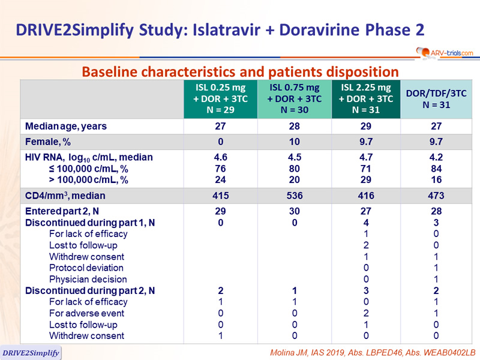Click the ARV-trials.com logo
click(x=445, y=53)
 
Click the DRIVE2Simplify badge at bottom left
click(x=31, y=353)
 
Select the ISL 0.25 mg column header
click(x=220, y=99)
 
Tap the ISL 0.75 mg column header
click(x=295, y=99)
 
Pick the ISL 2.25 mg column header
click(x=366, y=99)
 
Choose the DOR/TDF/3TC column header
click(x=436, y=99)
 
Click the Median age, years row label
click(x=66, y=126)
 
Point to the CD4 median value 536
click(x=295, y=196)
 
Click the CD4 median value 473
click(x=436, y=196)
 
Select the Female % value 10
click(x=295, y=142)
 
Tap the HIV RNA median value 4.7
click(x=366, y=157)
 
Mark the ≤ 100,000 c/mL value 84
click(x=436, y=169)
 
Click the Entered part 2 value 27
click(x=366, y=211)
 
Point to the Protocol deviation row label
click(x=86, y=268)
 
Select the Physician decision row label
click(x=88, y=279)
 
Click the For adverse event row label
click(x=86, y=313)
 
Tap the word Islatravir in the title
click(x=226, y=30)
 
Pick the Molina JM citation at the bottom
click(x=373, y=353)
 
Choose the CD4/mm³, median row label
click(x=65, y=196)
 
